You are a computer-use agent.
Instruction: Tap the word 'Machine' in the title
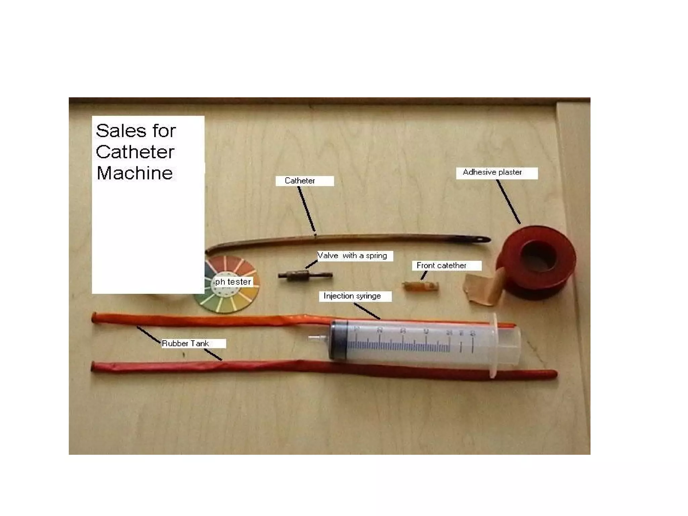135,173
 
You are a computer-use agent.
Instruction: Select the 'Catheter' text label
300,181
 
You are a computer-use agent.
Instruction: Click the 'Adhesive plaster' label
492,172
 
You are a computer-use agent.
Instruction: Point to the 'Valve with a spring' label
352,256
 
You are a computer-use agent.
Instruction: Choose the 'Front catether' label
441,265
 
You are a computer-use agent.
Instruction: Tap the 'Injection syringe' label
352,296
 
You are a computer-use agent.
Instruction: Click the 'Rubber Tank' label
185,343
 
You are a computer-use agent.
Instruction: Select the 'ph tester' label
233,282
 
